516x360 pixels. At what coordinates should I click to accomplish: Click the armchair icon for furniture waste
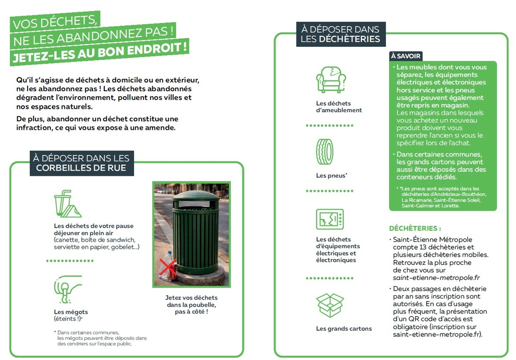(331, 80)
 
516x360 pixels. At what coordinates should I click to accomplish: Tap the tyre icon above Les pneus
(325, 152)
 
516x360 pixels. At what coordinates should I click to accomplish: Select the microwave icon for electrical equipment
(330, 219)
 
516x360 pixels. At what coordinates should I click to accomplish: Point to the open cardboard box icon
(330, 305)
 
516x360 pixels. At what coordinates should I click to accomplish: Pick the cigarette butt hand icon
(68, 290)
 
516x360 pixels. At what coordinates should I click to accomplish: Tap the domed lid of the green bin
(196, 195)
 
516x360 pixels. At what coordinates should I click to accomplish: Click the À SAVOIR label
(406, 56)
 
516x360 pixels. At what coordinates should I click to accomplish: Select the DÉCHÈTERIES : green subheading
(415, 228)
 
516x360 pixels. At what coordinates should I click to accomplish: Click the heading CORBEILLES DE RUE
(81, 168)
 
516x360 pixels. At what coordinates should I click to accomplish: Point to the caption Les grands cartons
(344, 329)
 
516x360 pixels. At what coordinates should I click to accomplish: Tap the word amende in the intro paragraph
(162, 128)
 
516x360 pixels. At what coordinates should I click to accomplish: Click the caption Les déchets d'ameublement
(339, 107)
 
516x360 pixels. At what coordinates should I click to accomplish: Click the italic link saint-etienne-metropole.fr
(436, 277)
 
